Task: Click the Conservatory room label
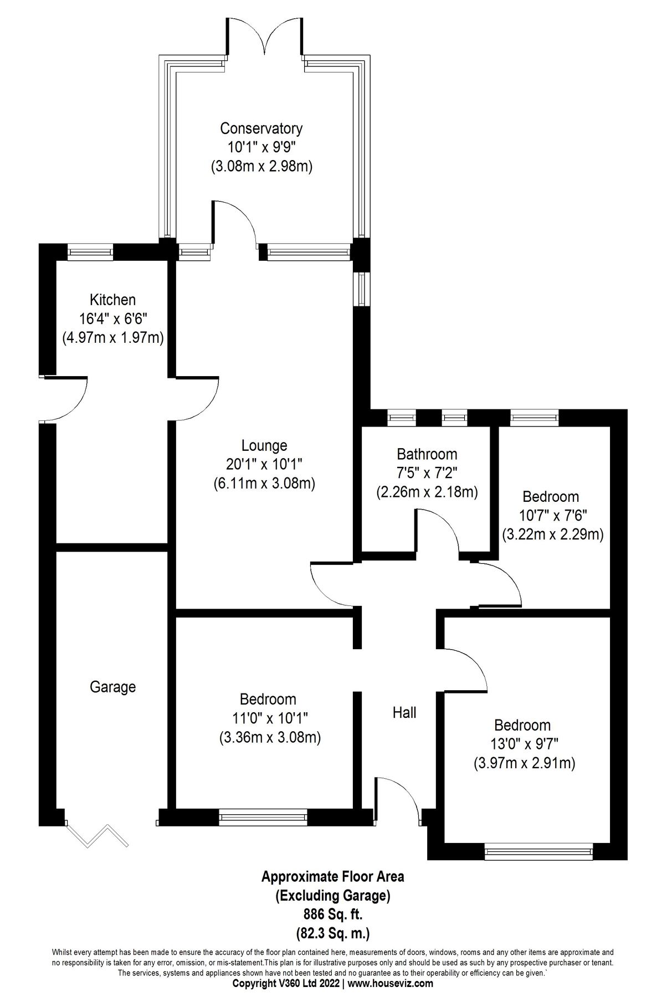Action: (x=261, y=129)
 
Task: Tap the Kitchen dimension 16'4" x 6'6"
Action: (x=112, y=319)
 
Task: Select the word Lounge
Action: (x=264, y=445)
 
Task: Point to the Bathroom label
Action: (x=427, y=454)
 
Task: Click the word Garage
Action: (x=112, y=687)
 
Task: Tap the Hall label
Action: (x=404, y=712)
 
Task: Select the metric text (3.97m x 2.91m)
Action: (x=524, y=763)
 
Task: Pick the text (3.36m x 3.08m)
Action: (x=270, y=737)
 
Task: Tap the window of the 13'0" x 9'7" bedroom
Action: (x=539, y=851)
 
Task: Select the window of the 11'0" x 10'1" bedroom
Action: (x=263, y=817)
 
